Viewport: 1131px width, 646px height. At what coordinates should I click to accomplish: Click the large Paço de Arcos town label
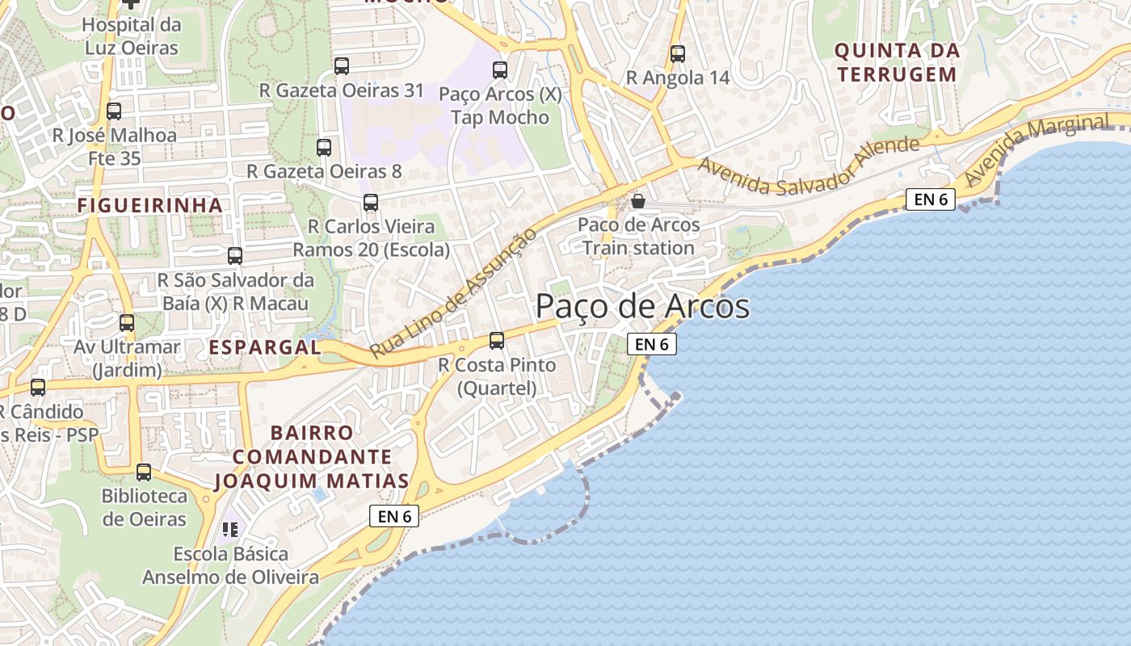[642, 308]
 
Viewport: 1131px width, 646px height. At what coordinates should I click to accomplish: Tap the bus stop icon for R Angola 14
[678, 54]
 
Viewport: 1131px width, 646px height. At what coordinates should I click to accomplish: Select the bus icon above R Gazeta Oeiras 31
[342, 66]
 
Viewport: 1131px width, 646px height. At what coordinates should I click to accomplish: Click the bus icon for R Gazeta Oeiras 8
[324, 147]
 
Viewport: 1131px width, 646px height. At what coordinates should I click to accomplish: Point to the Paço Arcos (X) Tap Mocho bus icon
[500, 70]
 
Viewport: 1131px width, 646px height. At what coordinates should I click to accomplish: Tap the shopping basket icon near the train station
[638, 200]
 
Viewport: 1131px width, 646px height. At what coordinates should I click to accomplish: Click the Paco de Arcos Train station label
[638, 237]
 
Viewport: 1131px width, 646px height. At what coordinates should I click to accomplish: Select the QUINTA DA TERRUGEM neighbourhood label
[897, 63]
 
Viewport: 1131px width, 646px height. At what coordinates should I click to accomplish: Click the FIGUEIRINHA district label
[150, 206]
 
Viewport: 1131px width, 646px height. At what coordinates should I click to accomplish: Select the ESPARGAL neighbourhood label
[265, 347]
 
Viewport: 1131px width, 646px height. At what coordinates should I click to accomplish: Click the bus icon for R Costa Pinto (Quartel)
[497, 341]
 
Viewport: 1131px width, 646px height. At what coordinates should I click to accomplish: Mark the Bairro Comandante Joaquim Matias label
[312, 457]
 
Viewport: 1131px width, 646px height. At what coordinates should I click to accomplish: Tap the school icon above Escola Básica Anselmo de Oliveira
[230, 530]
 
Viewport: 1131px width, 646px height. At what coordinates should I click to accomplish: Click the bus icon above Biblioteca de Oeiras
[144, 472]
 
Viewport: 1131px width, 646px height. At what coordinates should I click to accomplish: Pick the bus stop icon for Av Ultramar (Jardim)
[127, 323]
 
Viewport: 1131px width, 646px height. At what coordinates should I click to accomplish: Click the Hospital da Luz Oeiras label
[131, 36]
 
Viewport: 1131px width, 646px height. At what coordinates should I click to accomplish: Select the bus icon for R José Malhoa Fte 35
[114, 111]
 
